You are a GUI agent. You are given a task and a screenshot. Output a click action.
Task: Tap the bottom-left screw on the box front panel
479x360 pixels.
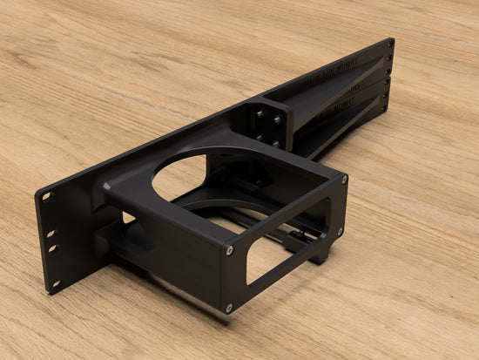[x=230, y=307]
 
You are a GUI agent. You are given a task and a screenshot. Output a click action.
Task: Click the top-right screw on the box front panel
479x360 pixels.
[x=344, y=180]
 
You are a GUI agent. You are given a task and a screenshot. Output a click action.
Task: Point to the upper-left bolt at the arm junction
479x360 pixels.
[x=259, y=112]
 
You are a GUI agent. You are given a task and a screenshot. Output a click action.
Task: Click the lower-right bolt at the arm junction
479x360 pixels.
[x=276, y=143]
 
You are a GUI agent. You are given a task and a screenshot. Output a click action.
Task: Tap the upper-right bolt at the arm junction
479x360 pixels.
[x=277, y=119]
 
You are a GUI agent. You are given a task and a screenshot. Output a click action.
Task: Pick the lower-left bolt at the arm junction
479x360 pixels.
[x=259, y=135]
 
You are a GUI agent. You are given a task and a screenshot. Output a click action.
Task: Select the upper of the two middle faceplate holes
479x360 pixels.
[x=50, y=234]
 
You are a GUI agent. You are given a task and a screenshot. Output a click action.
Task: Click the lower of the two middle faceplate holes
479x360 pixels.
[x=51, y=248]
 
